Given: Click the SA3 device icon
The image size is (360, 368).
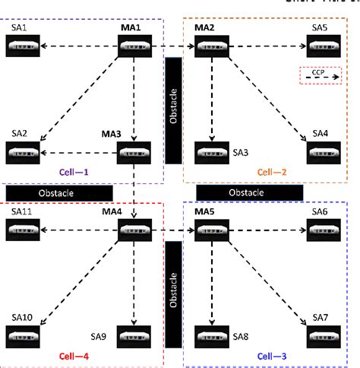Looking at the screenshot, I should pos(210,152).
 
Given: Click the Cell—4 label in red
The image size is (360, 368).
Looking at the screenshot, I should pos(74,355).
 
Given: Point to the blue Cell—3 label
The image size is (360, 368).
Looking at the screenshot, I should pos(273,355).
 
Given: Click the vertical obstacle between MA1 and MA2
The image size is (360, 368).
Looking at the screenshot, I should pos(173,109).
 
